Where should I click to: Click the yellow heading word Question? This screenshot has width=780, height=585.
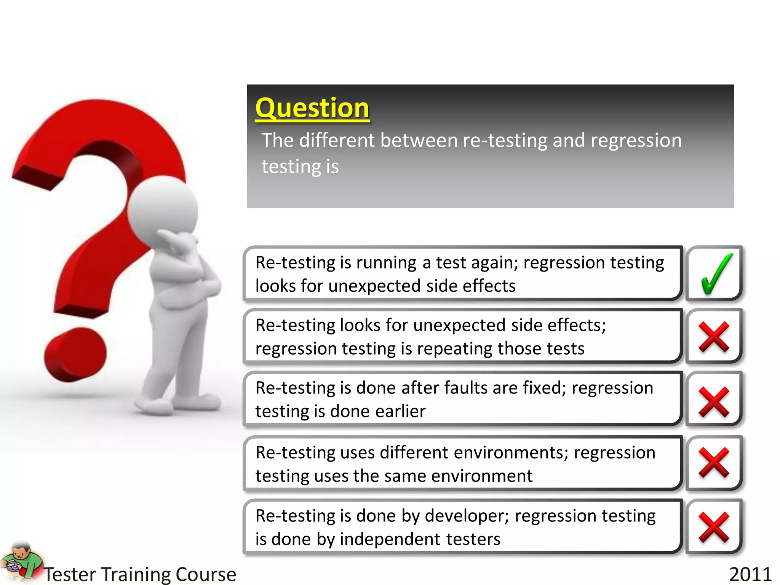coord(312,108)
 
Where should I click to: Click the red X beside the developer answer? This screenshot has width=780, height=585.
coord(714,527)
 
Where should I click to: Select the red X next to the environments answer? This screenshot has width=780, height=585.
coord(714,463)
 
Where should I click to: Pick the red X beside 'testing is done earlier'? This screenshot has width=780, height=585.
coord(714,402)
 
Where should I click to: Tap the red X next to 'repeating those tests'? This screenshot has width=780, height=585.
coord(714,337)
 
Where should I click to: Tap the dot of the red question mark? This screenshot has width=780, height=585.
coord(75,354)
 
